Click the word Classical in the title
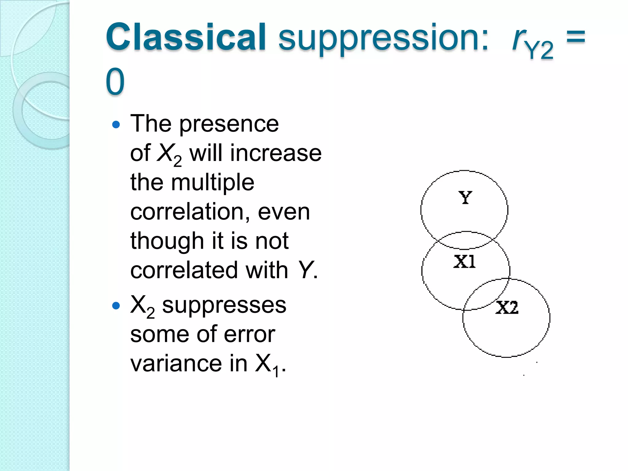(186, 37)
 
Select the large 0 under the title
(115, 82)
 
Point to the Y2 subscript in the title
(539, 50)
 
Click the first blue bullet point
(116, 124)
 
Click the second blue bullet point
(116, 305)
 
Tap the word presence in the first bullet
(229, 124)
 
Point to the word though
(167, 241)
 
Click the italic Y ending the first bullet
(306, 270)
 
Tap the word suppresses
(224, 305)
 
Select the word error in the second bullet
(249, 334)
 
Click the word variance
(176, 364)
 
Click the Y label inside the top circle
(465, 198)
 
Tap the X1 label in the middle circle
(464, 262)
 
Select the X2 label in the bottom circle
(507, 308)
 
